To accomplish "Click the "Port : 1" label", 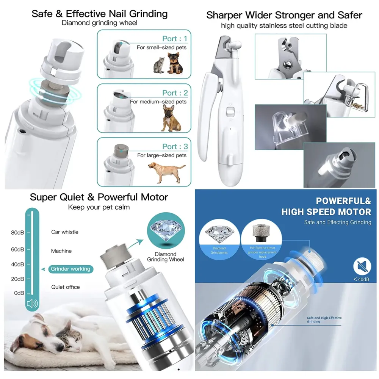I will click(x=175, y=39).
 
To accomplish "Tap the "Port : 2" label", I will click(x=175, y=93).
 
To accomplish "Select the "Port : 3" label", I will click(x=175, y=147).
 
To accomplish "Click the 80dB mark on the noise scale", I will click(x=17, y=232).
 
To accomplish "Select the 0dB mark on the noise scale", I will click(x=19, y=293).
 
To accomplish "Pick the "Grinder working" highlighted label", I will click(x=70, y=269).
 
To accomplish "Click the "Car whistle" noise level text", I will click(x=65, y=232).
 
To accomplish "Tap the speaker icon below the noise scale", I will click(x=32, y=303).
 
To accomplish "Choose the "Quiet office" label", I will click(x=66, y=287).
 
